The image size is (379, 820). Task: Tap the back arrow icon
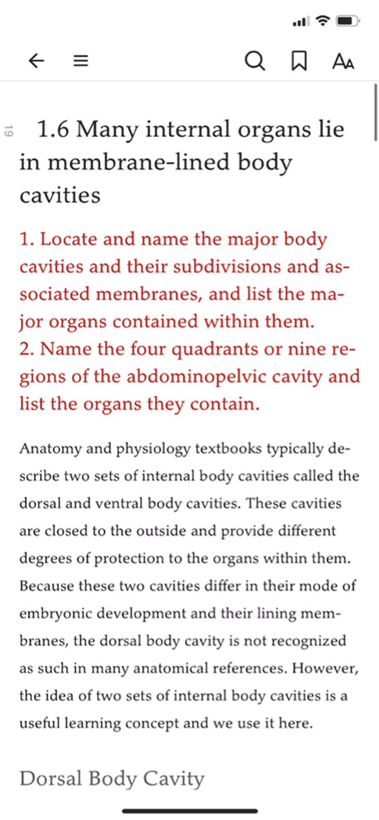36,61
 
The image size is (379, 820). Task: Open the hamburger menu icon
81,61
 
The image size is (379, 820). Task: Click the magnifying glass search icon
255,61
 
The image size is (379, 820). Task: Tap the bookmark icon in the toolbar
299,61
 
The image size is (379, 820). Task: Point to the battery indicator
348,21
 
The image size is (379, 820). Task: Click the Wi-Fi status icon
322,21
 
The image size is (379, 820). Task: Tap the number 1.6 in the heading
53,129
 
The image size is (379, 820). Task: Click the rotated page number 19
8,131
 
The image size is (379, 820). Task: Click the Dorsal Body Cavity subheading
112,779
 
